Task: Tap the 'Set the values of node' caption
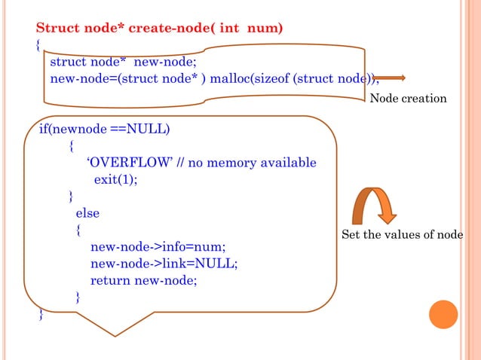(403, 235)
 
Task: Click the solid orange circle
(443, 314)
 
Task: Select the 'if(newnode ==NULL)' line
(105, 129)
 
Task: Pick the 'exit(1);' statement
(115, 180)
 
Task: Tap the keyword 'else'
(87, 213)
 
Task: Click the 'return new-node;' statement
(143, 280)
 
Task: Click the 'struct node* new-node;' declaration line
(123, 62)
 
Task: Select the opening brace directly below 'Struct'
(38, 45)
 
